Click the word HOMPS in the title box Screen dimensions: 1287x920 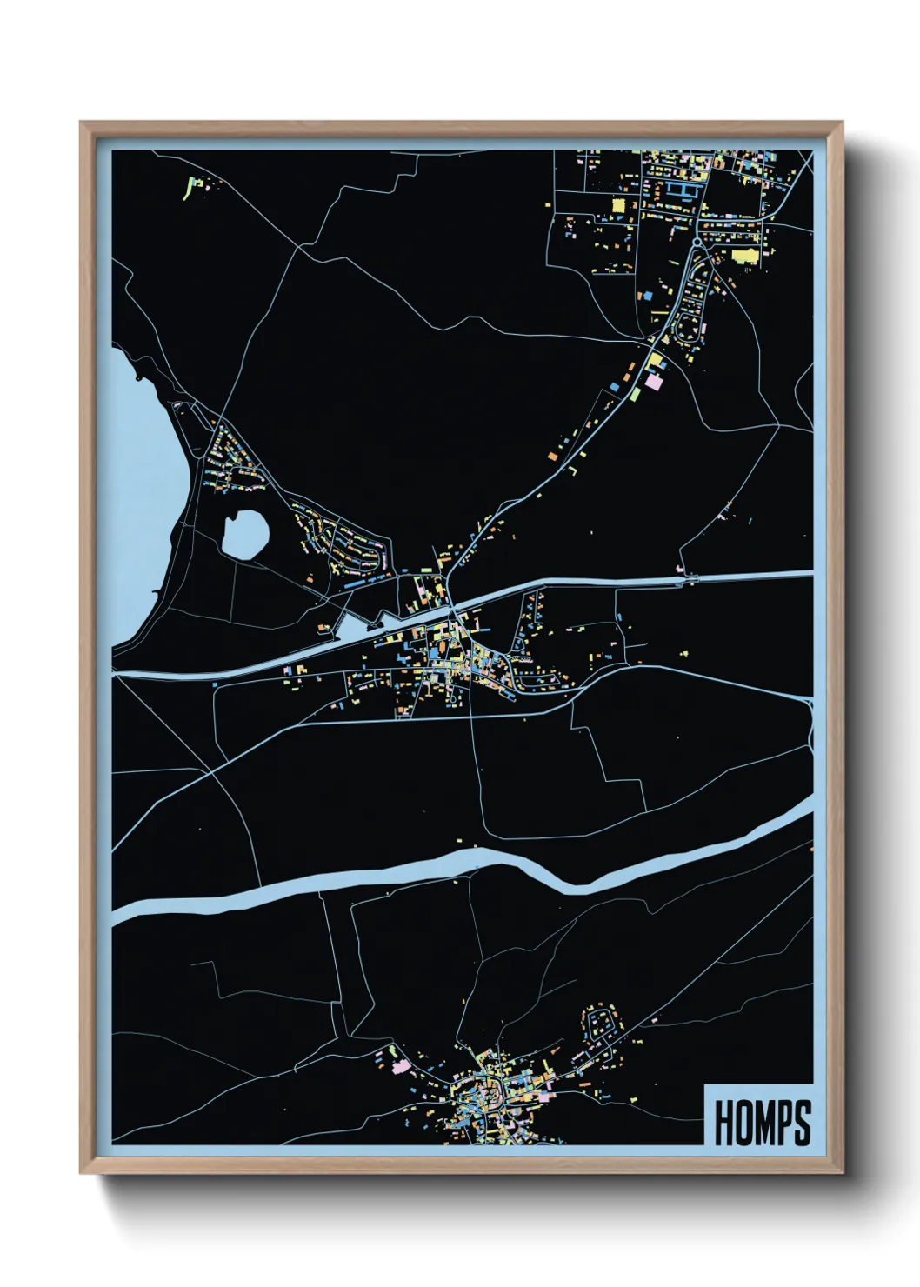click(x=762, y=1123)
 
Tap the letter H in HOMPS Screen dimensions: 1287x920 click(x=723, y=1123)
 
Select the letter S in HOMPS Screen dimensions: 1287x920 click(x=803, y=1123)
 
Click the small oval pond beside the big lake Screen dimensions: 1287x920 click(x=244, y=532)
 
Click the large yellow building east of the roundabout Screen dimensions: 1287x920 click(x=744, y=256)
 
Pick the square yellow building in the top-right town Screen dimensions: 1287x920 click(x=619, y=204)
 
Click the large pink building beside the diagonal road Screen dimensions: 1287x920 click(x=653, y=380)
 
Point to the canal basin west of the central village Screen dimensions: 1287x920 click(x=352, y=626)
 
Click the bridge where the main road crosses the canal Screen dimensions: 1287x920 click(x=453, y=605)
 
